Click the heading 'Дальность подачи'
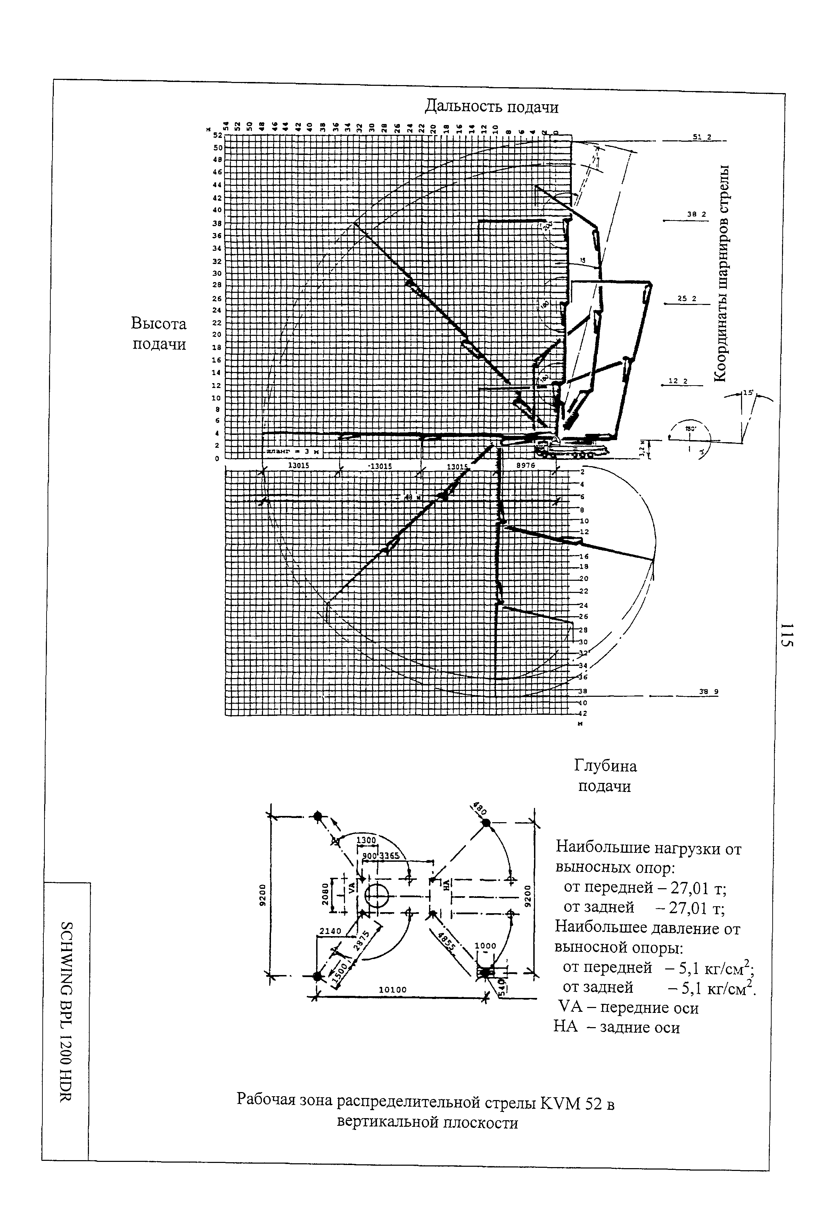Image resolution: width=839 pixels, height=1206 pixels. pyautogui.click(x=491, y=107)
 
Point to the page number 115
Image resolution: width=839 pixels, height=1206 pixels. pyautogui.click(x=787, y=636)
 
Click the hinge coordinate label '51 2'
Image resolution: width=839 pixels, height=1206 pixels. pyautogui.click(x=701, y=137)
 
